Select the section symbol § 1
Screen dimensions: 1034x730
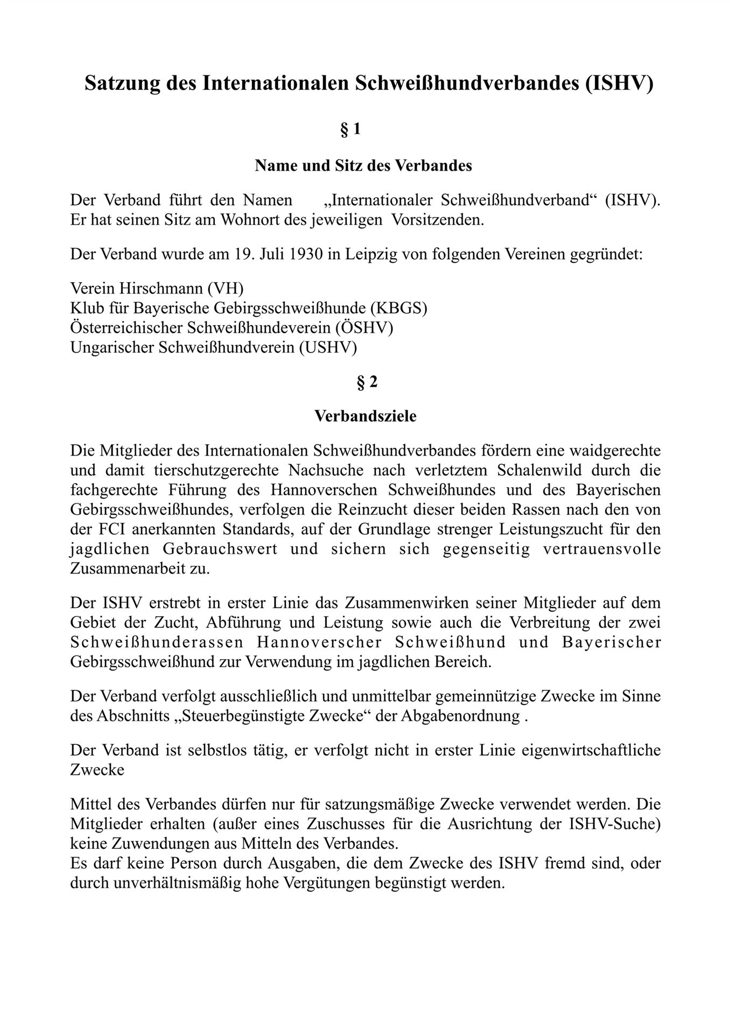pyautogui.click(x=350, y=130)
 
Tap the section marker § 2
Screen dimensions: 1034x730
pyautogui.click(x=367, y=382)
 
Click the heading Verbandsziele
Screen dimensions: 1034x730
pyautogui.click(x=365, y=416)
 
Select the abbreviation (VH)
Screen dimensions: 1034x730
pyautogui.click(x=225, y=288)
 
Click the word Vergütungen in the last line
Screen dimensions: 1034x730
pyautogui.click(x=349, y=884)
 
